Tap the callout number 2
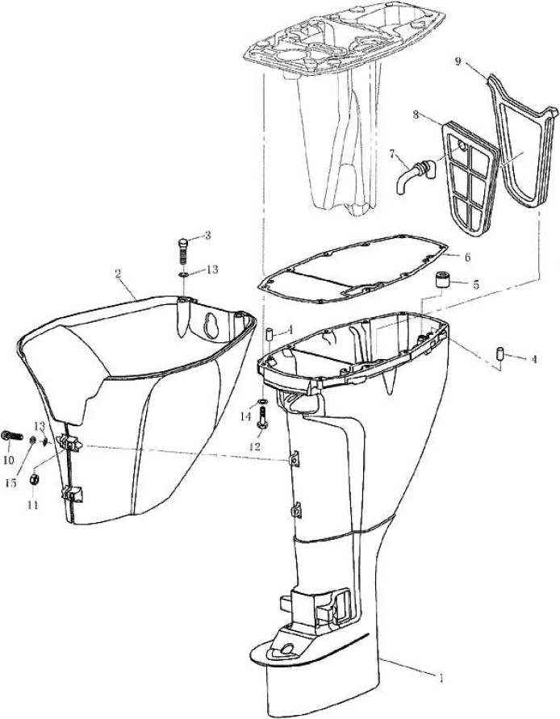coord(119,274)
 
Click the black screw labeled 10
coord(11,436)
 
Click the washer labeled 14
coord(263,401)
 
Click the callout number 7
coord(392,153)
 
